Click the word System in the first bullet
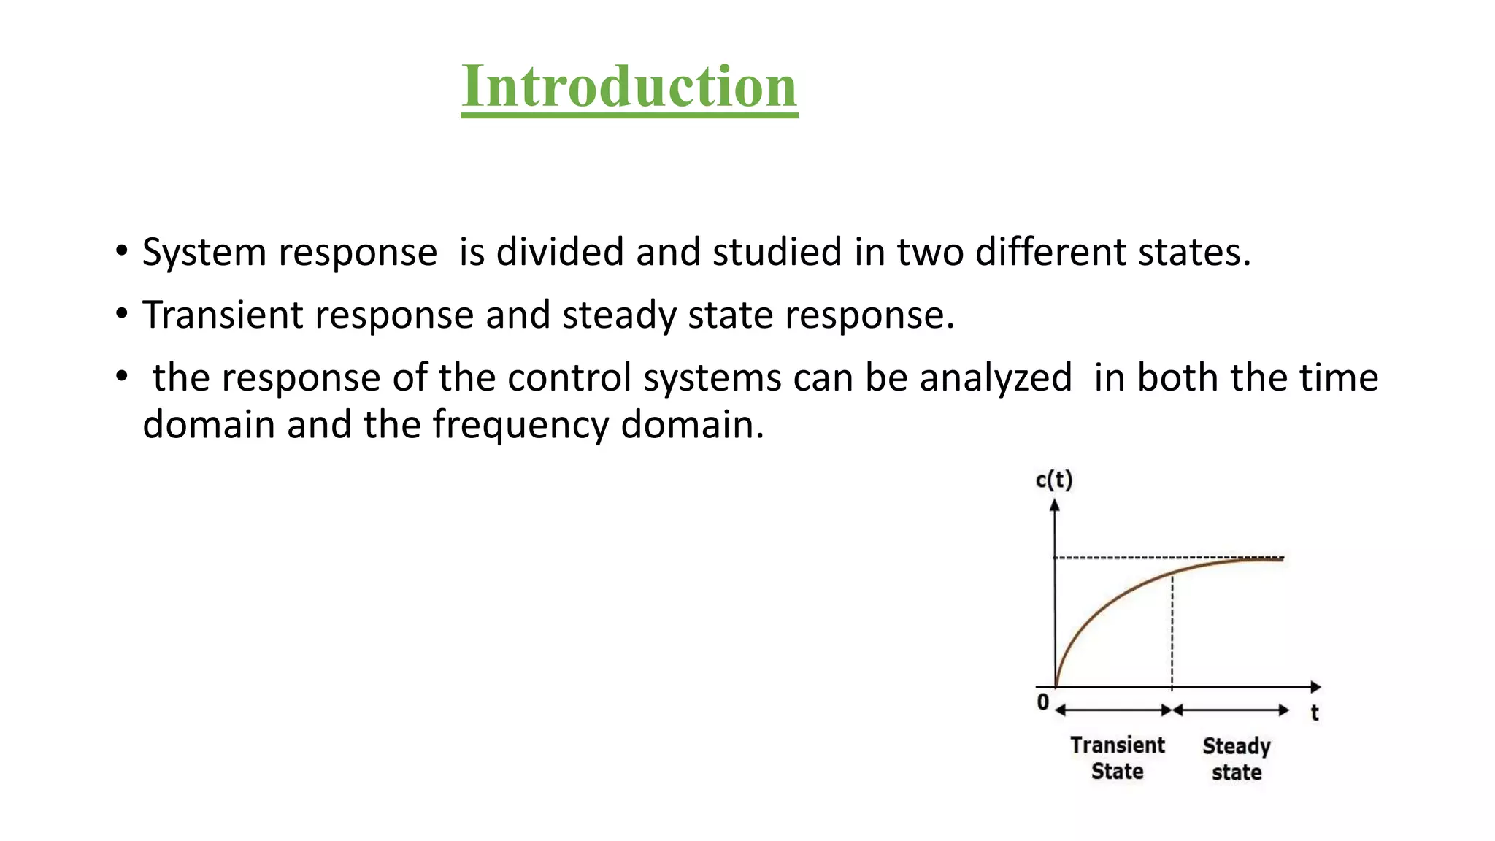(x=204, y=253)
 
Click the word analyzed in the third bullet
(x=995, y=379)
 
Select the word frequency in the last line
(x=520, y=426)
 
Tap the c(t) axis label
(x=1053, y=480)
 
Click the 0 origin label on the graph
(x=1043, y=702)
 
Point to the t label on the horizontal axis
(x=1314, y=713)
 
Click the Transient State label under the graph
(x=1117, y=758)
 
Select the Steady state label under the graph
(x=1237, y=759)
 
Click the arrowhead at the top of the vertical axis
(x=1054, y=504)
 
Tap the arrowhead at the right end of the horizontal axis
(x=1315, y=687)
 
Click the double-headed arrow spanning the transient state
(x=1113, y=710)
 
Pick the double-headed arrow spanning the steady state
(x=1231, y=710)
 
